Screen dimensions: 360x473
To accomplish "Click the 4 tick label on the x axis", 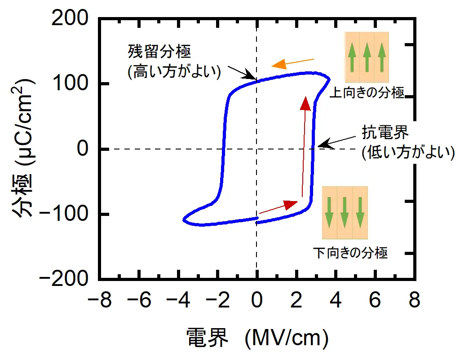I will coord(336,300).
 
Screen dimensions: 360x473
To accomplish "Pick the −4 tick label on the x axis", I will coord(173,300).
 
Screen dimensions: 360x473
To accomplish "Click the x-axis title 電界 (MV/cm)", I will coord(256,338).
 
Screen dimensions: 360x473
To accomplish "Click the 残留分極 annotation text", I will coord(159,52).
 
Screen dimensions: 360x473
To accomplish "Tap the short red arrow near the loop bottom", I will coord(278,207).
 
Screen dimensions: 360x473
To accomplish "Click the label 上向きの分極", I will coord(367,93).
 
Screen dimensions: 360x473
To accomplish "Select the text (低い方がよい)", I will coord(408,153).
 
